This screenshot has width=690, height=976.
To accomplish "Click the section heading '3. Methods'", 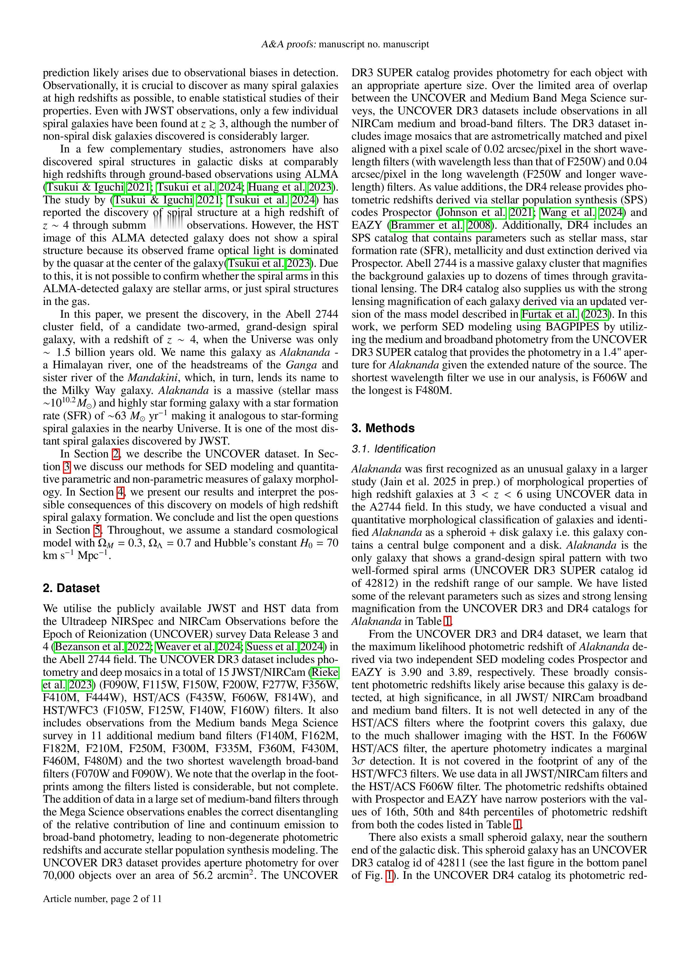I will (x=383, y=428).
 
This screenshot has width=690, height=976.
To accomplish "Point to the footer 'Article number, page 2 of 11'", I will (x=102, y=899).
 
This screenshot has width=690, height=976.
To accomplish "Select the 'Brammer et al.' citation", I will (x=427, y=225).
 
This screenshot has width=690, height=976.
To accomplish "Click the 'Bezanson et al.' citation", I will (x=90, y=647).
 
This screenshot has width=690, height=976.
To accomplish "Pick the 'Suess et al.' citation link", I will (x=271, y=647).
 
